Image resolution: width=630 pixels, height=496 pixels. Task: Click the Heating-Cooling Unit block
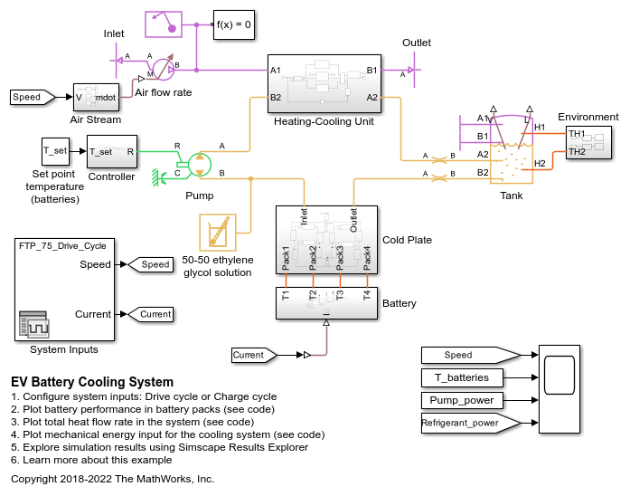(x=323, y=82)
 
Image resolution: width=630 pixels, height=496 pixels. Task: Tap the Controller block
(x=112, y=151)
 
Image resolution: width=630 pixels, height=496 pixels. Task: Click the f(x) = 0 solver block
(x=233, y=24)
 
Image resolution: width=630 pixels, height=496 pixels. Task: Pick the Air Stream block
(x=96, y=97)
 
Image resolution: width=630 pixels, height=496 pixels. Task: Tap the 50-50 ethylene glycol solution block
(x=217, y=233)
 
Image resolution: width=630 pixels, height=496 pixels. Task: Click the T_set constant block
(x=54, y=151)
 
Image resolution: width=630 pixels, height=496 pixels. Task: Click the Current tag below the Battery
(x=253, y=356)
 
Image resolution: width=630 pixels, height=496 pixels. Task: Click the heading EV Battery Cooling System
(x=92, y=382)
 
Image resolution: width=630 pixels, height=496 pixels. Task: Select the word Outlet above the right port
(x=417, y=43)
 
